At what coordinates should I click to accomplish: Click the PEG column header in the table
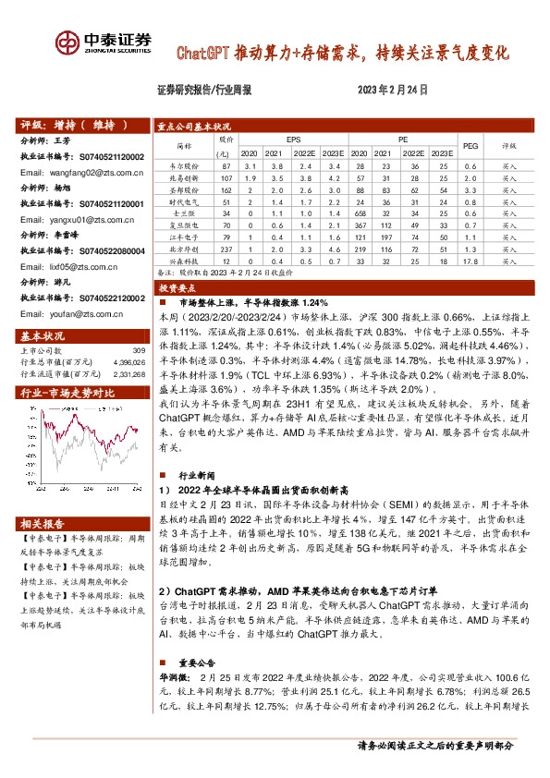(x=471, y=146)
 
